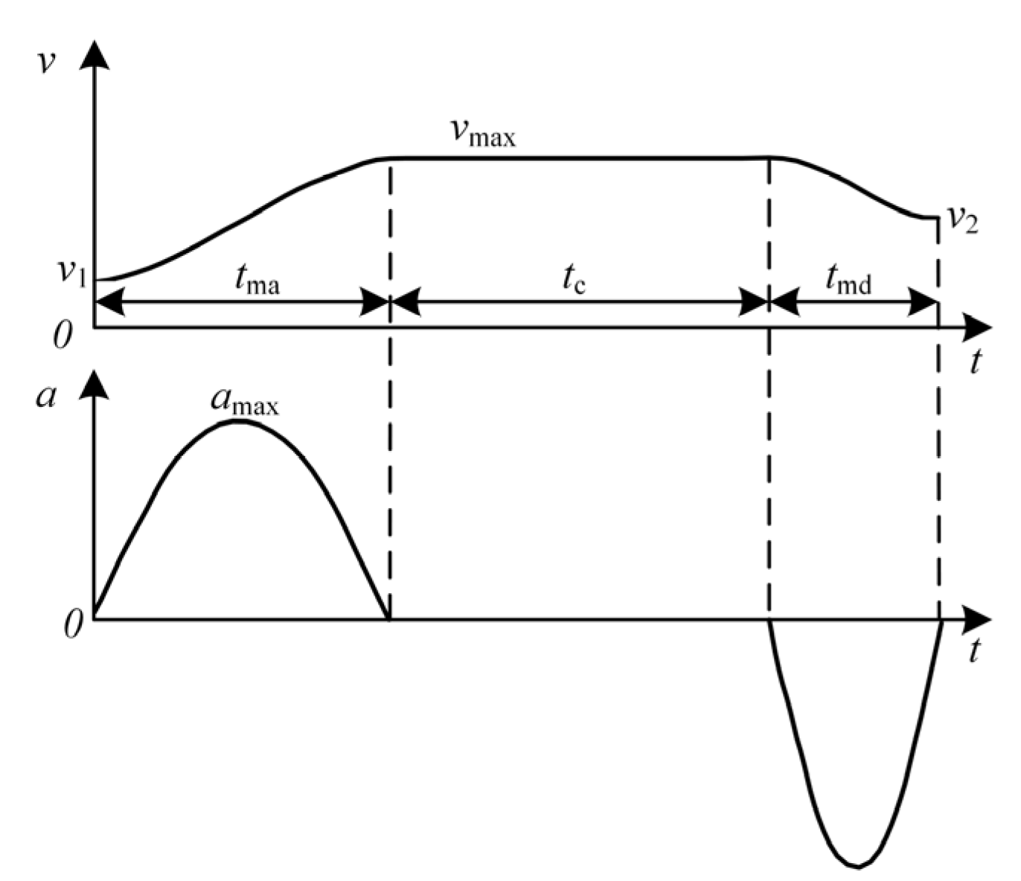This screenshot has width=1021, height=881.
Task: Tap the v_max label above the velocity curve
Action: point(482,132)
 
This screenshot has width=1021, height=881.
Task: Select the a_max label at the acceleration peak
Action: point(244,402)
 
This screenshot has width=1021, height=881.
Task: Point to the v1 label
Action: point(73,272)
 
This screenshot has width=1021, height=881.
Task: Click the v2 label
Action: point(962,220)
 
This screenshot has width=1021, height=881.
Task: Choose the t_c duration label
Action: point(573,281)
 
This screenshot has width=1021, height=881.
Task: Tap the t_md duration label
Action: point(848,281)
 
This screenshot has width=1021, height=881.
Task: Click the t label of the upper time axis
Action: point(975,362)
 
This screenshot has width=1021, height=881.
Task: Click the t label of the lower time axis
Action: point(975,652)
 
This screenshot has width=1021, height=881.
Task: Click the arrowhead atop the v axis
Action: point(94,54)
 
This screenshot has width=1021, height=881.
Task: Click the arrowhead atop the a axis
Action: point(94,385)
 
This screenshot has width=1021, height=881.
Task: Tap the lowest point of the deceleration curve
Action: point(857,866)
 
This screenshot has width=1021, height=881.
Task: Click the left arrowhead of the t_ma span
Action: point(109,302)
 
